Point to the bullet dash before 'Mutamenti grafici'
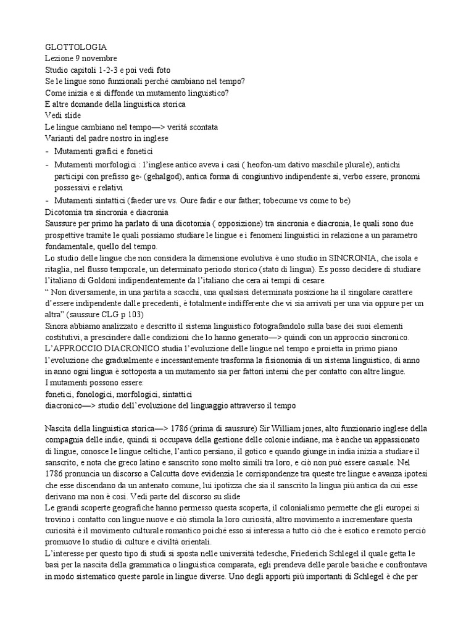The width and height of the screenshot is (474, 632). [48, 151]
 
